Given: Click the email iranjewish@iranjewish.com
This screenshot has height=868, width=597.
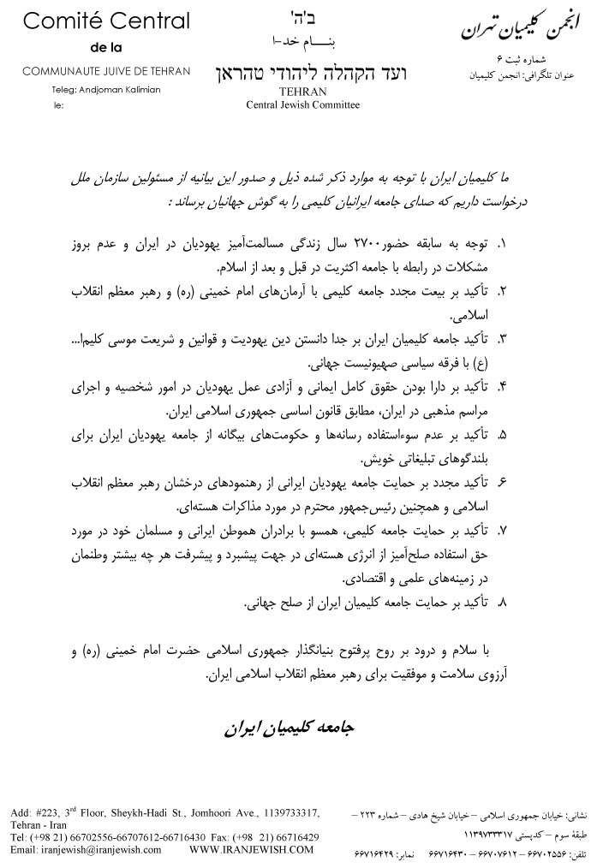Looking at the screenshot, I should point(87,849).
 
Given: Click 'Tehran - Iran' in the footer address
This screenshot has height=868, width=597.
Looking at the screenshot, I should point(35,823).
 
